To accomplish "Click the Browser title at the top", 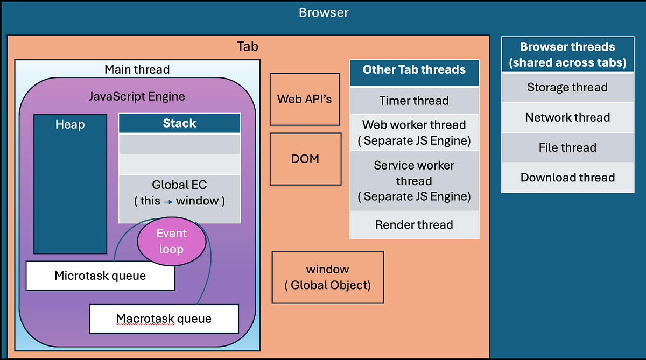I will pyautogui.click(x=324, y=12).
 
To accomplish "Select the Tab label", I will pyautogui.click(x=248, y=46).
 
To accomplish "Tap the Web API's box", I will pyautogui.click(x=305, y=99).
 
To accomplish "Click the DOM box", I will pyautogui.click(x=305, y=159).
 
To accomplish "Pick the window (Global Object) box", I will pyautogui.click(x=327, y=277).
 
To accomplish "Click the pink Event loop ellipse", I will pyautogui.click(x=172, y=242).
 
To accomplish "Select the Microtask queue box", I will pyautogui.click(x=100, y=276).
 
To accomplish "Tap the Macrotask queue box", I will pyautogui.click(x=164, y=319).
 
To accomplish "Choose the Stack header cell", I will pyautogui.click(x=179, y=123).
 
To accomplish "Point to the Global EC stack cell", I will pyautogui.click(x=179, y=193).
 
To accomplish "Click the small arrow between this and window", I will pyautogui.click(x=168, y=201).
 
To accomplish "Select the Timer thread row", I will pyautogui.click(x=414, y=101).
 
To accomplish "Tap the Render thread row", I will pyautogui.click(x=414, y=224).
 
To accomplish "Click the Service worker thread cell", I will pyautogui.click(x=414, y=181).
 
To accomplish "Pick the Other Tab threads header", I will pyautogui.click(x=414, y=69).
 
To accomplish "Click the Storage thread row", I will pyautogui.click(x=567, y=87).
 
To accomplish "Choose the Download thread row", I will pyautogui.click(x=567, y=178).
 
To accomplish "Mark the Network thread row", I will pyautogui.click(x=567, y=117).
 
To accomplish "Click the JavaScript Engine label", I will pyautogui.click(x=137, y=97).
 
